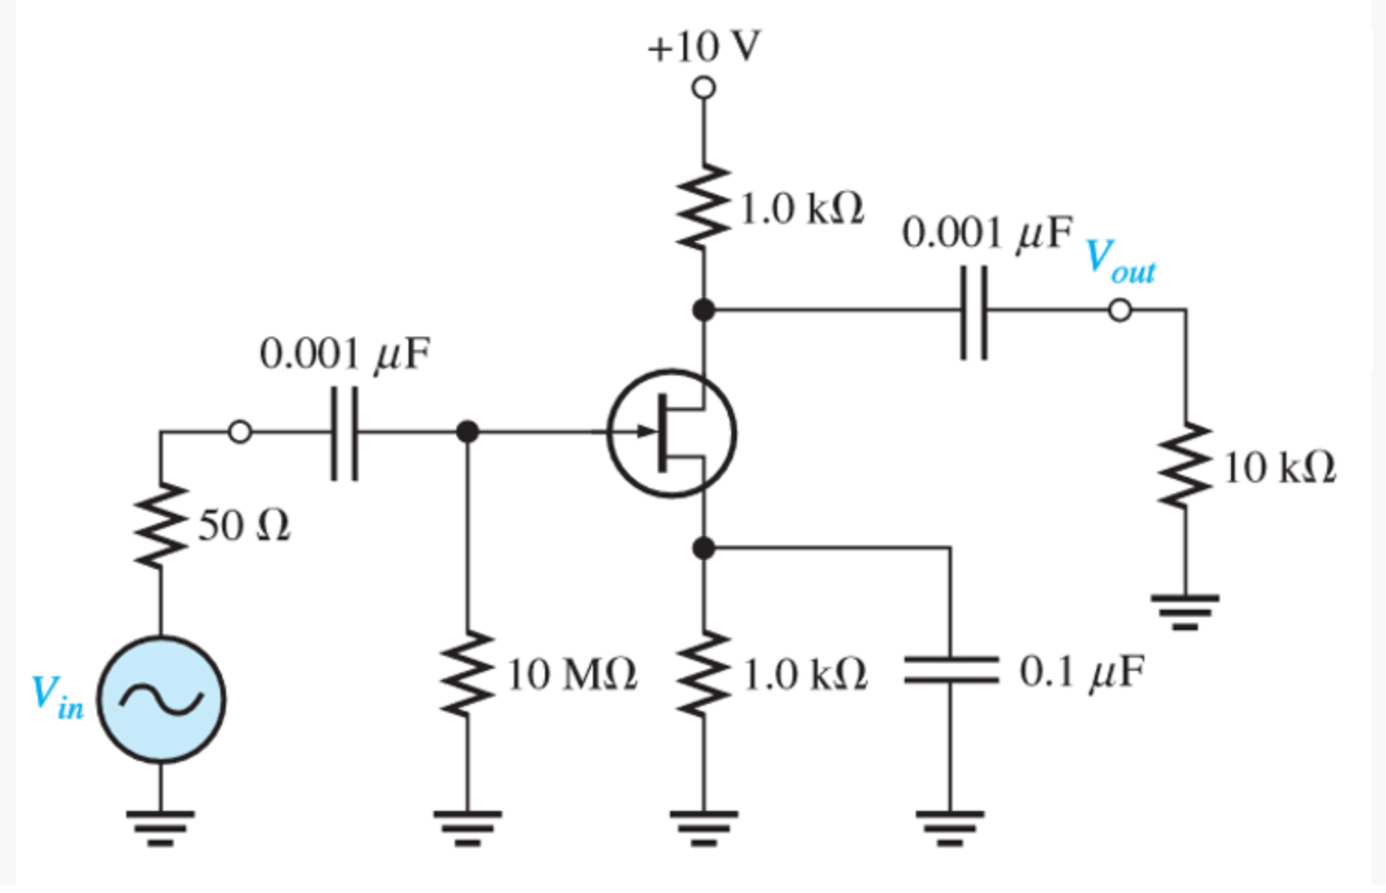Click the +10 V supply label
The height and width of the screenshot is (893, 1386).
pos(704,46)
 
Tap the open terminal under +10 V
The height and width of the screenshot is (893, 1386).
pos(704,89)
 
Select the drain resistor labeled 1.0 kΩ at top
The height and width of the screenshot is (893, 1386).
pos(704,208)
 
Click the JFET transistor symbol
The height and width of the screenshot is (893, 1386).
pos(672,433)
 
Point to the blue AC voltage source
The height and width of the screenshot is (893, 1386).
pos(161,699)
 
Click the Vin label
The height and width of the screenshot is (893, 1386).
pos(56,697)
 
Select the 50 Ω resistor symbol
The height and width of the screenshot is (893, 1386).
pos(161,526)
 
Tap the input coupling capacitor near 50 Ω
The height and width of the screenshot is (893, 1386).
pos(345,432)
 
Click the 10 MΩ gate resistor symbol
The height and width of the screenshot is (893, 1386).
pos(468,674)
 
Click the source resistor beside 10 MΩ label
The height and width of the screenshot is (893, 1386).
pos(704,674)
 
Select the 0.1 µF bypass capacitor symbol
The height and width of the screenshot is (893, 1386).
pos(951,671)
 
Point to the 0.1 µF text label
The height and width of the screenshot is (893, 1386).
pos(1081,673)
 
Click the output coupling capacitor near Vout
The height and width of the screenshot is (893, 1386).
pos(974,312)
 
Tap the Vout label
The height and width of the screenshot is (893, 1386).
pos(1119,259)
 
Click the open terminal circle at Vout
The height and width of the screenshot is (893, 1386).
pos(1119,311)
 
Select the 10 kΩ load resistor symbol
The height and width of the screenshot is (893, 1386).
pos(1186,467)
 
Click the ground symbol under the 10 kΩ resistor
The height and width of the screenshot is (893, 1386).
pos(1186,610)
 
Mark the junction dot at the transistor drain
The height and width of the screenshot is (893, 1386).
pos(704,310)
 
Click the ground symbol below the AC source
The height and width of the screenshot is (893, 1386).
pos(161,827)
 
